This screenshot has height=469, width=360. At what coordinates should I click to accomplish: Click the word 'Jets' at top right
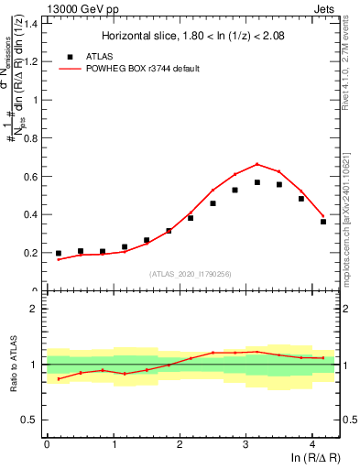pos(325,7)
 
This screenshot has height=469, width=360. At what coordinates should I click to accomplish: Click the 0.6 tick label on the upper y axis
pos(30,176)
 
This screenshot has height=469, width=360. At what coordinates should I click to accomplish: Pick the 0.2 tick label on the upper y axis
pos(30,253)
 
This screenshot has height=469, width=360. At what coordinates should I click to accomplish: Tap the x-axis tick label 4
pos(312,445)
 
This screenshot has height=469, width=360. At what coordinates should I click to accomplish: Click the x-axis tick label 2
pos(180,445)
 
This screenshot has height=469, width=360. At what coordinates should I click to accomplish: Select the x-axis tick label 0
pos(47,445)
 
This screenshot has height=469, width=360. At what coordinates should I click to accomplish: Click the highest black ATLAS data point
pos(257,182)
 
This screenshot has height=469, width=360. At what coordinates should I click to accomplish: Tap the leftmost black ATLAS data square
pos(59,253)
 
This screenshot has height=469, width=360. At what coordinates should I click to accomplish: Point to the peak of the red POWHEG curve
pos(257,164)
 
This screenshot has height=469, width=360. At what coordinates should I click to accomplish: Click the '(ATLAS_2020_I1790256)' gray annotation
pos(191,273)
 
